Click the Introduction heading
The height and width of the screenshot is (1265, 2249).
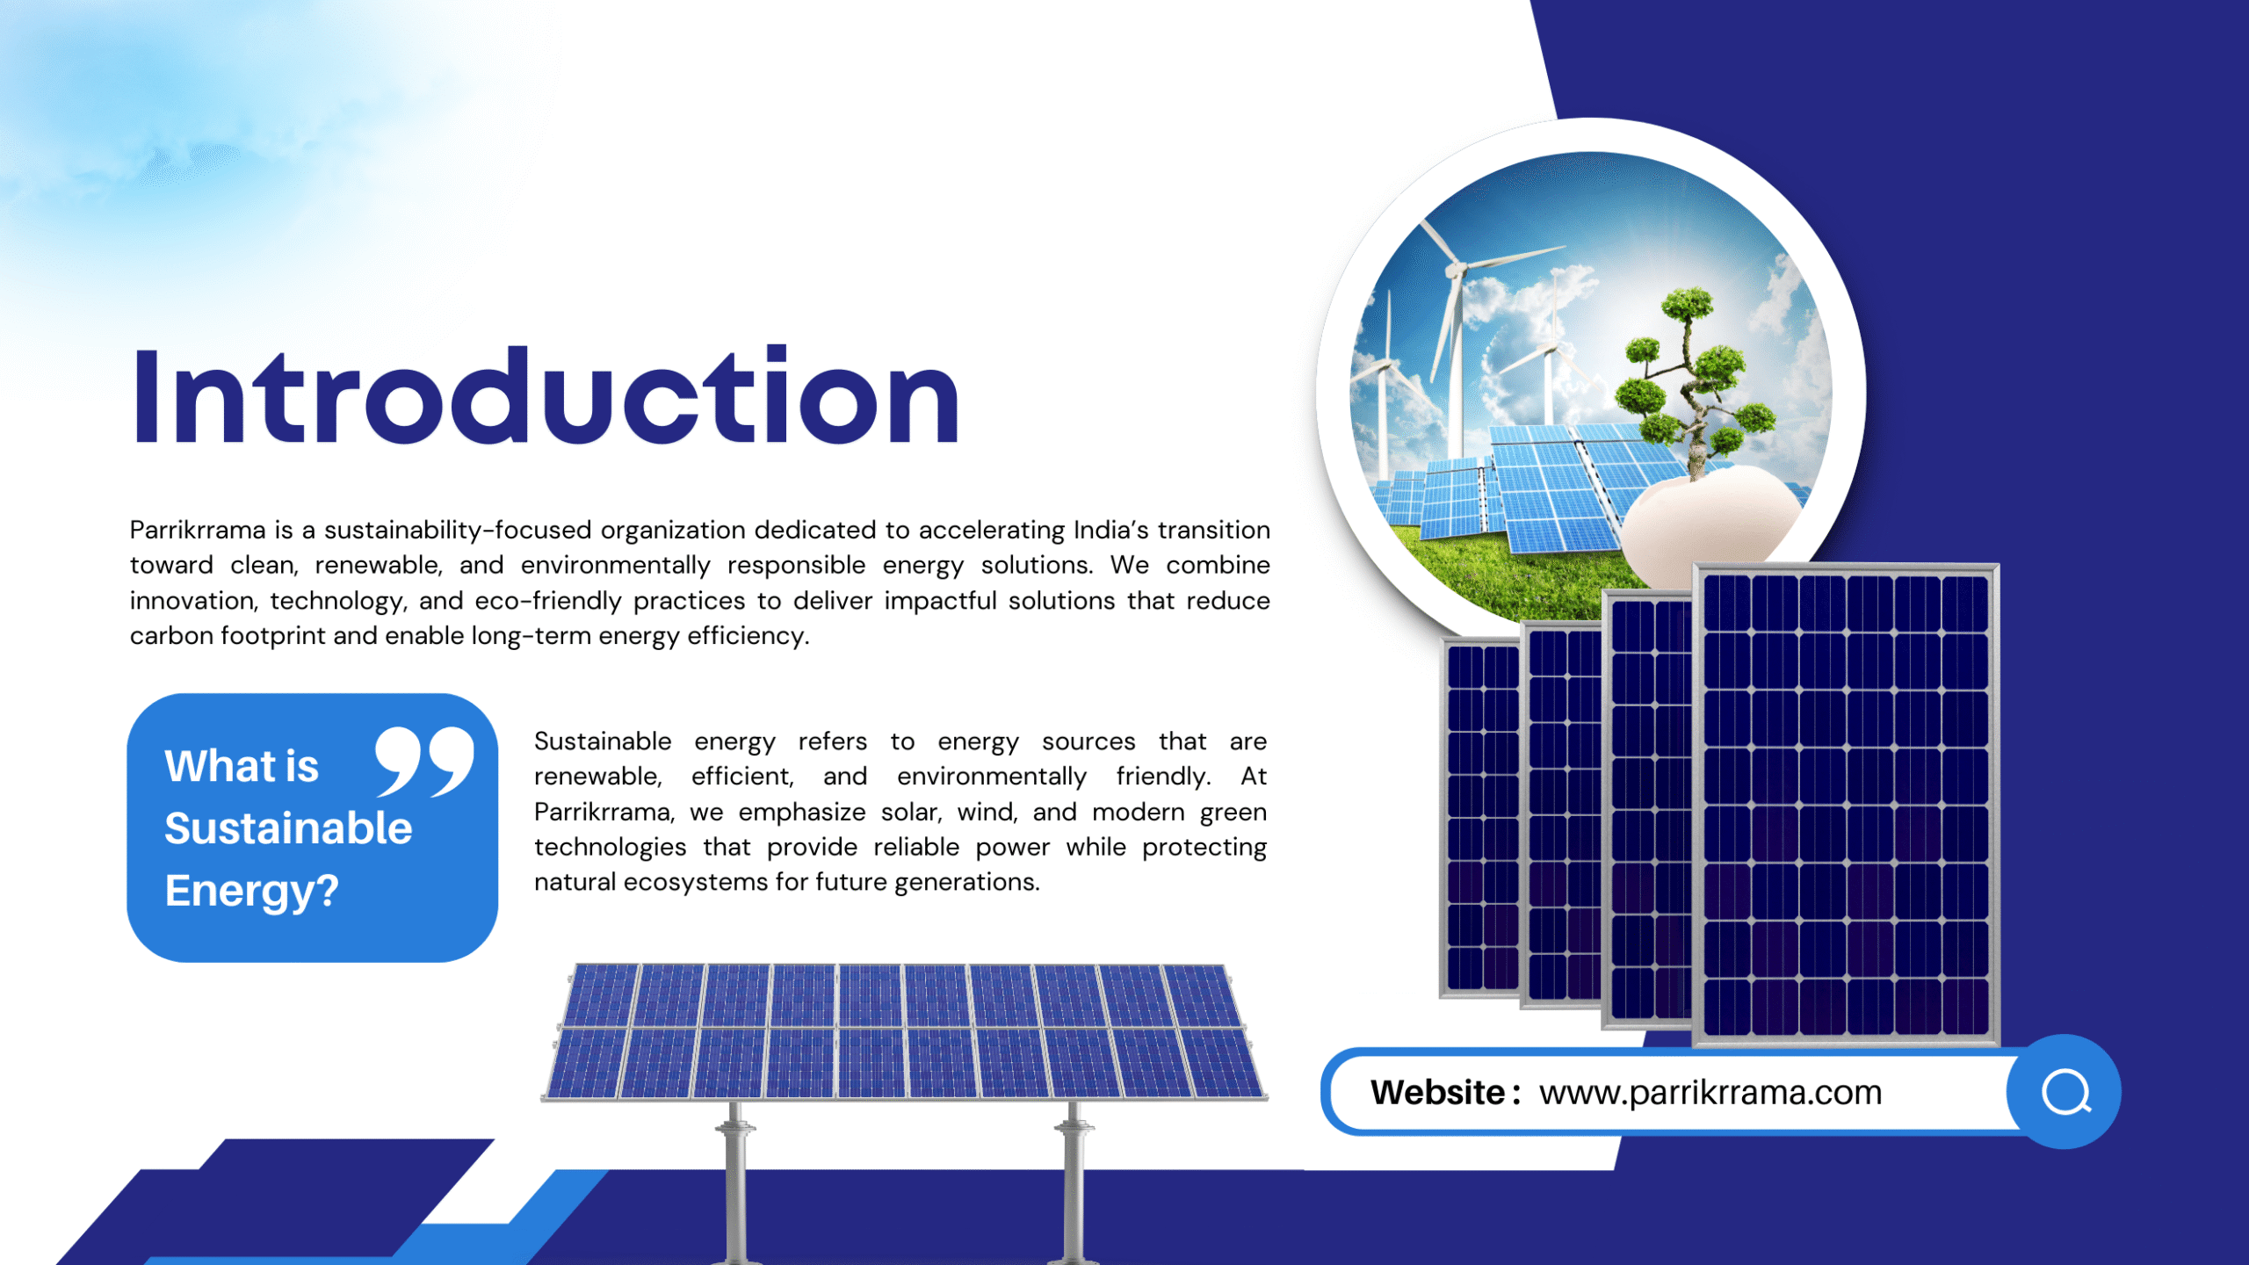pyautogui.click(x=546, y=396)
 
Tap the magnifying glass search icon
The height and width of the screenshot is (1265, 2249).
pyautogui.click(x=2065, y=1092)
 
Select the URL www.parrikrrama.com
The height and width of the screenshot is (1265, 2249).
pyautogui.click(x=1710, y=1093)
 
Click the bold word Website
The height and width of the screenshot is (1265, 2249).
pyautogui.click(x=1438, y=1093)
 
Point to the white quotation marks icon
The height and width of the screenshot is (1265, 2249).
pyautogui.click(x=424, y=762)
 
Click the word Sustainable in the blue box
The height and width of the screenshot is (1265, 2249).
pyautogui.click(x=288, y=828)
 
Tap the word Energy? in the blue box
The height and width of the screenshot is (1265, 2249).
pyautogui.click(x=251, y=892)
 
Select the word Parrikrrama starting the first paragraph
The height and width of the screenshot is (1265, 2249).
pyautogui.click(x=198, y=530)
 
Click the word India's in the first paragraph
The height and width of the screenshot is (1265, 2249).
pyautogui.click(x=1110, y=530)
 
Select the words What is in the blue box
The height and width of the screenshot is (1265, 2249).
pyautogui.click(x=242, y=766)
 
